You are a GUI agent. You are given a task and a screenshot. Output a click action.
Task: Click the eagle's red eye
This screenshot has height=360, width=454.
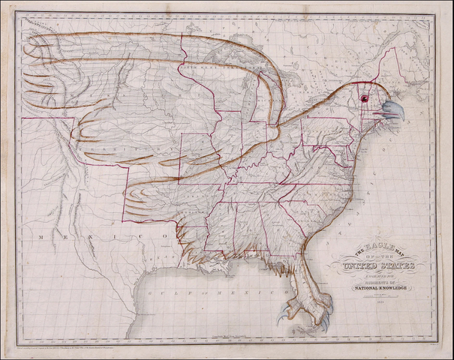[x=365, y=97]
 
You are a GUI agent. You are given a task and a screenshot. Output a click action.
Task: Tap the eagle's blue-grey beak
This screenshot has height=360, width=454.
[x=392, y=111]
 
